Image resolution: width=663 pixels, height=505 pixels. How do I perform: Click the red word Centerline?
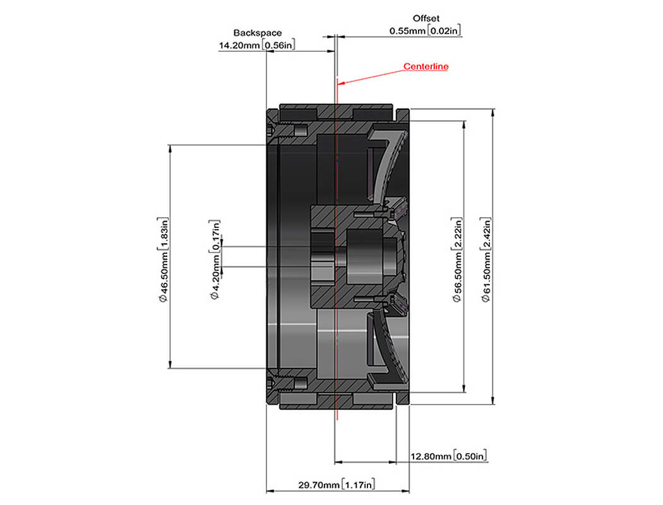point(426,66)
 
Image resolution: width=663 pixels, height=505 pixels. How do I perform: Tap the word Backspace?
point(258,33)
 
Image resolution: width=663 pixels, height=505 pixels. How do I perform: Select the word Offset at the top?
point(426,18)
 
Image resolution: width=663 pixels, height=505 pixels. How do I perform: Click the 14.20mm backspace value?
point(239,45)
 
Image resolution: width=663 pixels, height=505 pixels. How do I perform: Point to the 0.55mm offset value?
point(407,31)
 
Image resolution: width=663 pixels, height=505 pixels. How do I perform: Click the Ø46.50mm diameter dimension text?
point(164,276)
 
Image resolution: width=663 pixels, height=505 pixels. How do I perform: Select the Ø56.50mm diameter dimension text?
point(457,276)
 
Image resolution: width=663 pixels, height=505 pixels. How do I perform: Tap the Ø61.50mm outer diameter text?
point(486,276)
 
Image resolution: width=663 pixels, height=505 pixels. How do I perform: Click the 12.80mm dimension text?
point(431,456)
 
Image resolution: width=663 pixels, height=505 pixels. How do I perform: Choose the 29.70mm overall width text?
point(319,485)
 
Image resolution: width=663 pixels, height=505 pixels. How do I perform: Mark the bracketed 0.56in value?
point(278,45)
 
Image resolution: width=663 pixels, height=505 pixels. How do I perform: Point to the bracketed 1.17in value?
point(358,485)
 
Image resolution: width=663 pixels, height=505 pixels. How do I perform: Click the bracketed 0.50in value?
point(470,456)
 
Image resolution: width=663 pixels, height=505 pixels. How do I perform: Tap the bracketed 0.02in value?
point(444,30)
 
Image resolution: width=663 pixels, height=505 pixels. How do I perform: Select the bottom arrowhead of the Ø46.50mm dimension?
point(170,365)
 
